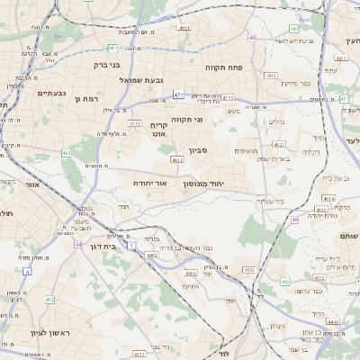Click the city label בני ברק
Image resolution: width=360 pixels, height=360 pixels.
(x=106, y=65)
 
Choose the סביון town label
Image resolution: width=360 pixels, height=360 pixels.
(x=198, y=151)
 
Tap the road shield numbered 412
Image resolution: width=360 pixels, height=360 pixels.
(x=50, y=300)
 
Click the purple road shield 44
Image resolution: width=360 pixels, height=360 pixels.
(x=78, y=244)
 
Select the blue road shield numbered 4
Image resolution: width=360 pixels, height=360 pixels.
(x=27, y=270)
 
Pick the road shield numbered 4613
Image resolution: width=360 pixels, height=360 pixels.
(x=135, y=123)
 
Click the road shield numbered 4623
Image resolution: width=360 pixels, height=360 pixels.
(x=176, y=160)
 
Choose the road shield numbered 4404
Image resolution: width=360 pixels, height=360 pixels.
(x=190, y=272)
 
